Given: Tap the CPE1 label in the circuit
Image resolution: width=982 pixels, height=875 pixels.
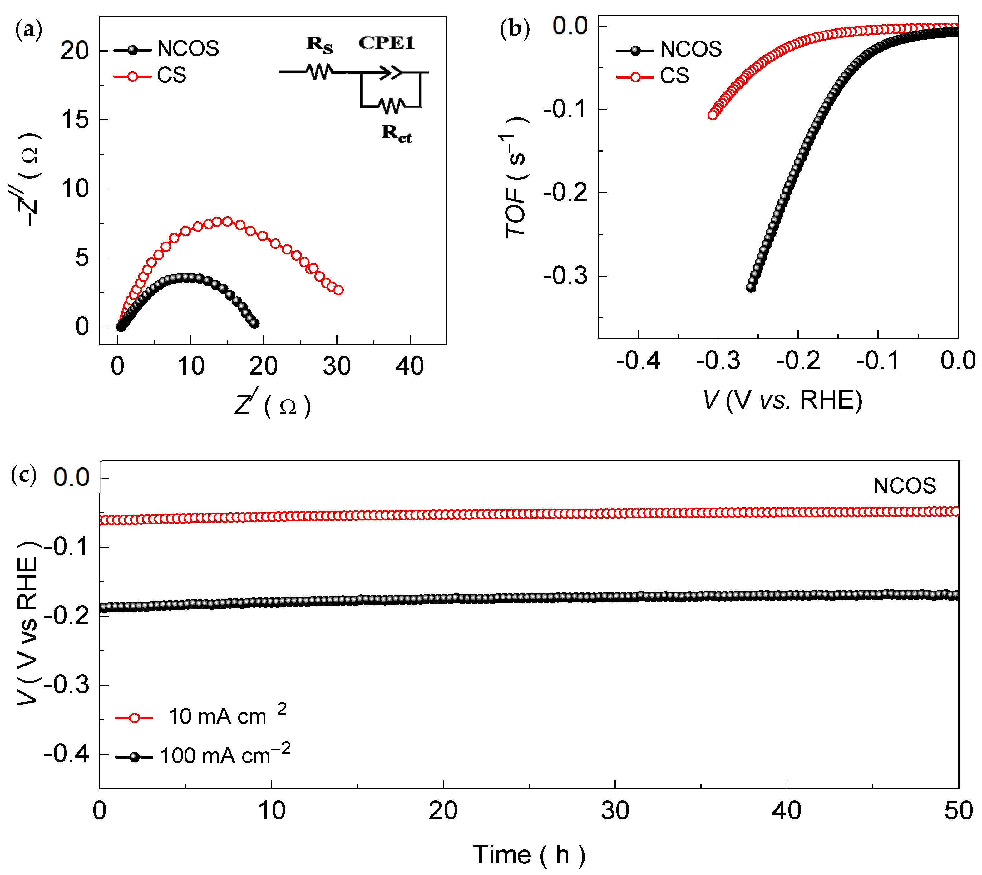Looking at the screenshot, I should (x=386, y=43).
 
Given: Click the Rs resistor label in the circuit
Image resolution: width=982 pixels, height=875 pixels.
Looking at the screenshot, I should (x=319, y=45).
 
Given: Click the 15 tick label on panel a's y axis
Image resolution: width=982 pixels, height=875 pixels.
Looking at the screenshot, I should (x=76, y=120).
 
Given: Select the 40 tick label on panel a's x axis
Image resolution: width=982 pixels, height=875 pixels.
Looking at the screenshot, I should (x=409, y=366).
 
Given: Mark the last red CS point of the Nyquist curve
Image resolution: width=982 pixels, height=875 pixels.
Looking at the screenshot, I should (x=338, y=290).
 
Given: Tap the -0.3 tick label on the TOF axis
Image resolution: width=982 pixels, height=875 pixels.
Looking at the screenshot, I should (x=566, y=276).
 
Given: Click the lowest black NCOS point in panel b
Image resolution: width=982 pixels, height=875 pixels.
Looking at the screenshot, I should (x=751, y=288).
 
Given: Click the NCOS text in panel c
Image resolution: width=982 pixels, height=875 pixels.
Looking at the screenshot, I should (x=904, y=486).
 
